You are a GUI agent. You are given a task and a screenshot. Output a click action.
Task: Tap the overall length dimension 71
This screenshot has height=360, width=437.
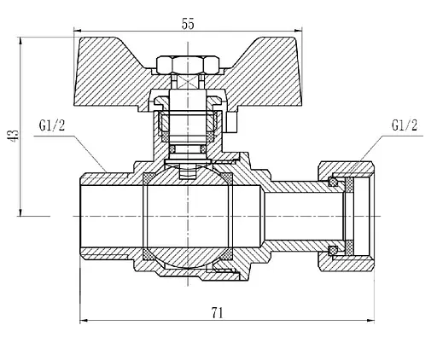point(217,312)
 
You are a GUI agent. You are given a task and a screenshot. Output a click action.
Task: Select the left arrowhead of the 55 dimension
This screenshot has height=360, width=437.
point(80,34)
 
